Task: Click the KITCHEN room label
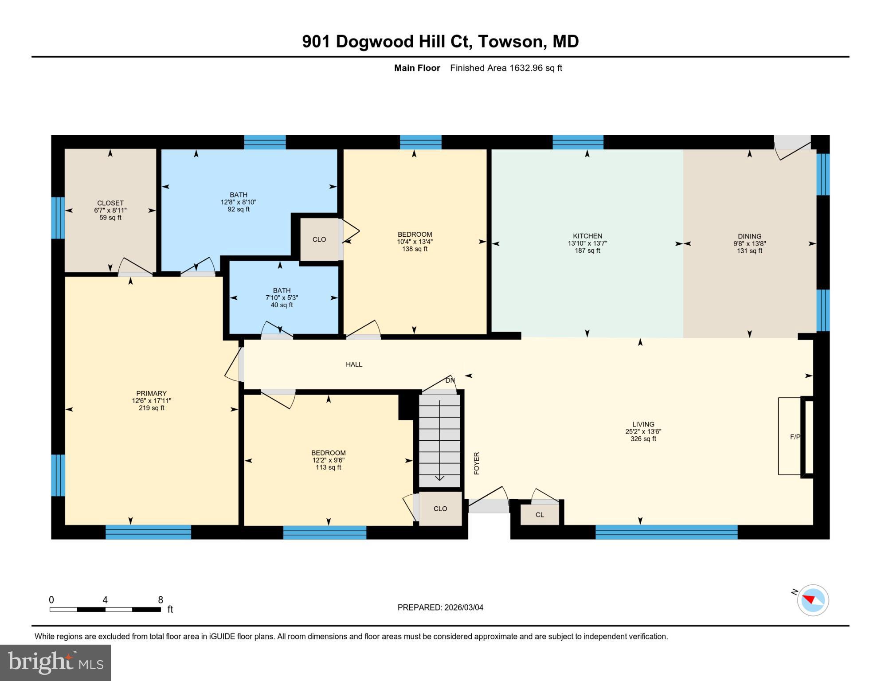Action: (587, 236)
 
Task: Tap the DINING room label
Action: (749, 236)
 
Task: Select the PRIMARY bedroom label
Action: (151, 393)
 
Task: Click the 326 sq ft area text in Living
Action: (643, 439)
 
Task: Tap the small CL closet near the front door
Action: (540, 515)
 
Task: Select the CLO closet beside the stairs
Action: (440, 509)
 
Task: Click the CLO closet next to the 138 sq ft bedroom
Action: (319, 239)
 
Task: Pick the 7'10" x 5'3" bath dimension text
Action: (282, 298)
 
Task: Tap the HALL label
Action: (354, 364)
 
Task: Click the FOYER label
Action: (477, 463)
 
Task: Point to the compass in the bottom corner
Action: (813, 600)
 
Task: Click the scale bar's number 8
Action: (161, 600)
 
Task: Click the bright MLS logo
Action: (55, 663)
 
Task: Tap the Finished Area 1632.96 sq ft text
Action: (506, 68)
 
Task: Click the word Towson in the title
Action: (511, 42)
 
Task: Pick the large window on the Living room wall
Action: (666, 532)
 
